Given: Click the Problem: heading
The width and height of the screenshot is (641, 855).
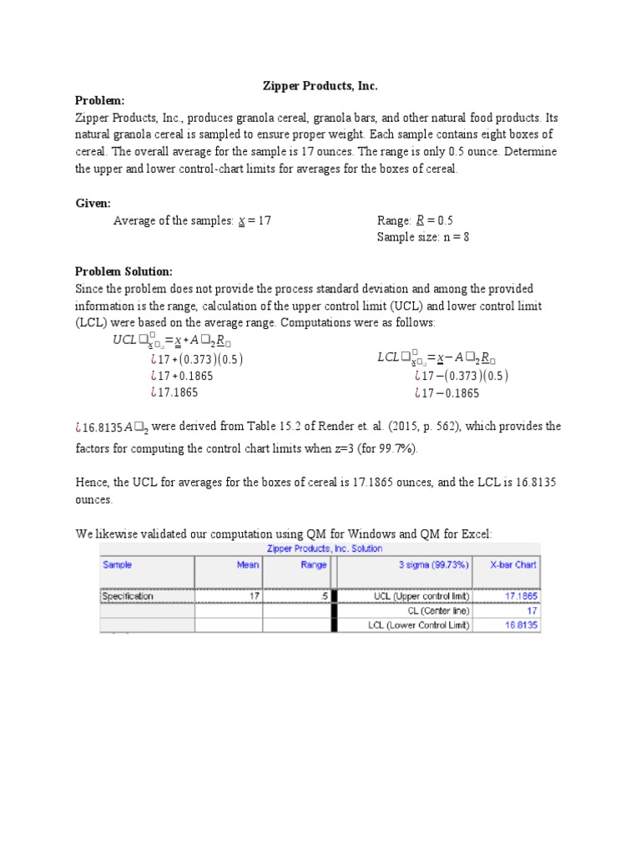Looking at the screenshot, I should pos(99,101).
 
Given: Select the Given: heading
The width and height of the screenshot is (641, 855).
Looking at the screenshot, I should pos(93,203).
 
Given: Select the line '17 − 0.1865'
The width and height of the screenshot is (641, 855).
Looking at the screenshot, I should pos(451,392).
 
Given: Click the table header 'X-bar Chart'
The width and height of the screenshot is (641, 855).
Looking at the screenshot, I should pos(513,564).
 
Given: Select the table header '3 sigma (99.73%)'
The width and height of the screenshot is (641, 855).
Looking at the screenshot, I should pos(434,564).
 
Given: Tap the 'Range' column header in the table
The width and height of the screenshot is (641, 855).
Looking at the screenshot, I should pos(314,564).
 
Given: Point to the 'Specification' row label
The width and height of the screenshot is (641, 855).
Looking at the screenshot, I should pos(128,596).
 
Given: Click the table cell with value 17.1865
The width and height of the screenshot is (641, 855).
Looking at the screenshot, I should pos(520,596).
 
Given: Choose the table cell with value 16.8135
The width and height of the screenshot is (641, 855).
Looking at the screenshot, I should pos(520,625).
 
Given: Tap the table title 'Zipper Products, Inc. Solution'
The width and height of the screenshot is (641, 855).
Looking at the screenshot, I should pos(324,549).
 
